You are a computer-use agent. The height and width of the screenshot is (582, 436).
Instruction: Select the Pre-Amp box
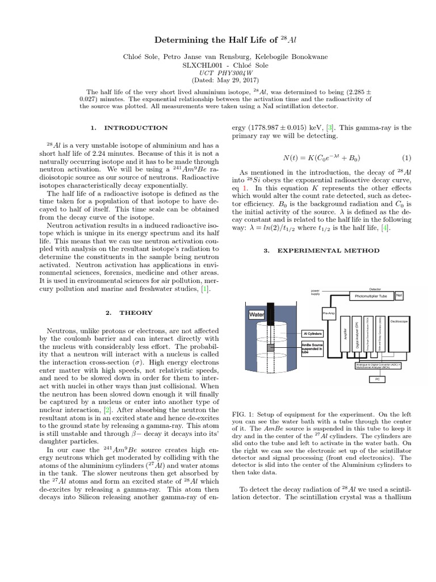tap(329, 313)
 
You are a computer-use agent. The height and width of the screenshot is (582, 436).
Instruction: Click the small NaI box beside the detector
tap(399, 294)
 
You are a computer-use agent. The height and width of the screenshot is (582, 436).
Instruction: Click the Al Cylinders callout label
tap(312, 334)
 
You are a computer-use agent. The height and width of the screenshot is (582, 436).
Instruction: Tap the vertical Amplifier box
tap(345, 336)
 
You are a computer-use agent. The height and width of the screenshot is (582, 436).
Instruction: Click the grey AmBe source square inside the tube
tap(271, 347)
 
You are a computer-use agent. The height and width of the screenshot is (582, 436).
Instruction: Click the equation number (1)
tap(406, 157)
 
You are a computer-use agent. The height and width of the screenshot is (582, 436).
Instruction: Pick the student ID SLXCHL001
tap(199, 65)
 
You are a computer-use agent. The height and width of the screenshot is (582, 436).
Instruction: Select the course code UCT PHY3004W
tap(219, 73)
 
